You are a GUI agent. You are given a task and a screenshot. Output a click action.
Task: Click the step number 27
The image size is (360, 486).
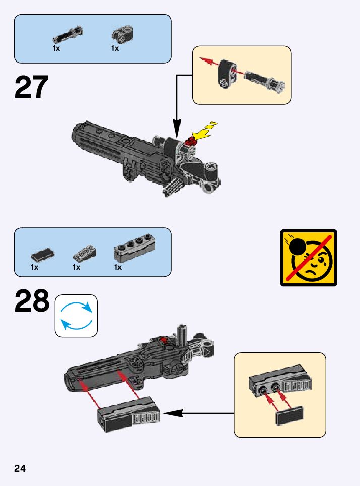32,87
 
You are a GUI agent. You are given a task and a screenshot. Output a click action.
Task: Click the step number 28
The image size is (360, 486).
32,301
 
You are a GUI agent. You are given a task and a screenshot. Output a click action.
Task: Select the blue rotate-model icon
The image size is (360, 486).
76,316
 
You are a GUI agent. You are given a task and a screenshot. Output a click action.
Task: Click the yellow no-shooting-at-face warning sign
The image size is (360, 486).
308,258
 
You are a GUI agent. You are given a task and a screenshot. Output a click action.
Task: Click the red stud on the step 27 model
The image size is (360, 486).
191,141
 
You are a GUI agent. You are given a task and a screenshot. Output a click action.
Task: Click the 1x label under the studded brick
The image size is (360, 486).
117,267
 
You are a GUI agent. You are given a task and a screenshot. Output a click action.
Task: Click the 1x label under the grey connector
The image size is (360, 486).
115,49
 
